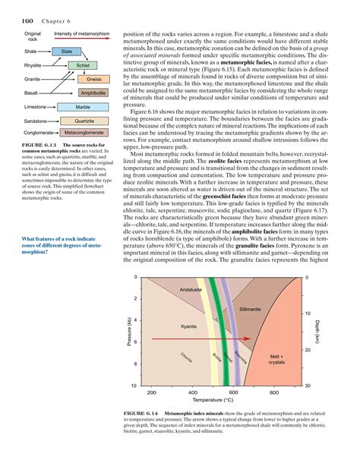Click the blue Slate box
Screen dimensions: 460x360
tap(66, 51)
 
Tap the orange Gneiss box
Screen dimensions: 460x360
tap(94, 79)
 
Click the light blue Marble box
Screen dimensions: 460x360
tap(84, 107)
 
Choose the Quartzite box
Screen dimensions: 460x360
tap(84, 121)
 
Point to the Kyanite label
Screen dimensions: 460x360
tap(188, 326)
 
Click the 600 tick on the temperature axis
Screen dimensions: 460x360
tap(234, 392)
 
